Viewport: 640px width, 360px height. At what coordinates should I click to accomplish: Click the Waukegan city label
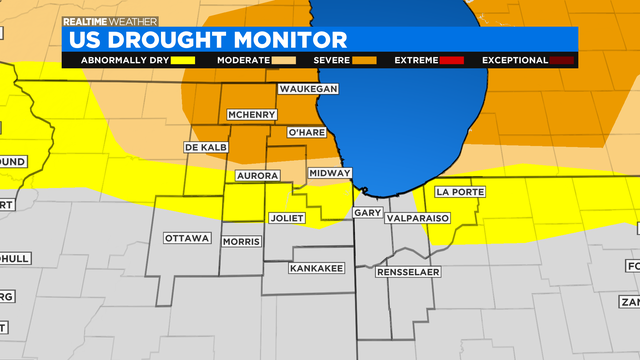(x=309, y=89)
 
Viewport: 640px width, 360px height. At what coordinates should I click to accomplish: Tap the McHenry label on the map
(x=251, y=115)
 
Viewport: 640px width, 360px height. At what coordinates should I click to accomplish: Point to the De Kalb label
(x=207, y=148)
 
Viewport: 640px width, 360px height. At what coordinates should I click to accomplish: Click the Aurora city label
(x=255, y=175)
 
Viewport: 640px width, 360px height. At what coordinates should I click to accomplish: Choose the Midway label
(x=329, y=173)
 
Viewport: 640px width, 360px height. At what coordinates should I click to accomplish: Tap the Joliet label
(x=291, y=217)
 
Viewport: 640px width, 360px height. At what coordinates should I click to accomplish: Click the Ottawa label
(x=187, y=238)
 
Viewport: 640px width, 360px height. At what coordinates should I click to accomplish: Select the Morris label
(x=241, y=242)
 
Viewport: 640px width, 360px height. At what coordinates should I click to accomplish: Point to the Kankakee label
(x=316, y=268)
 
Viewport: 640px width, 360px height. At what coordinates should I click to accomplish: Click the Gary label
(x=367, y=213)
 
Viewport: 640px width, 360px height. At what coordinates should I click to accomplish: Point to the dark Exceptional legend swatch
(x=562, y=60)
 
